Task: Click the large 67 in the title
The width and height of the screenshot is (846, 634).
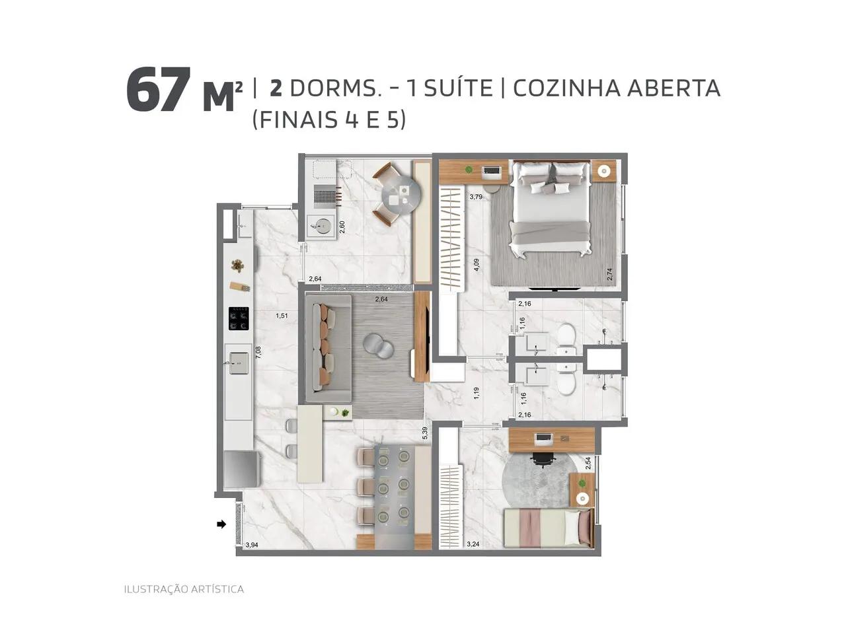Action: coord(159,90)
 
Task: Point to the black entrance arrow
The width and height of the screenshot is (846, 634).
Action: coord(221,524)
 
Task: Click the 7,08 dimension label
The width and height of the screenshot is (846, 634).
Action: coord(258,352)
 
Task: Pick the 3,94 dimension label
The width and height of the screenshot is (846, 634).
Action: coord(252,545)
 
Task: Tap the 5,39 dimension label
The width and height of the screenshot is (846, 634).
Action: coord(425,433)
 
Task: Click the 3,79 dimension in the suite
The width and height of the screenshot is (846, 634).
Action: coord(476,197)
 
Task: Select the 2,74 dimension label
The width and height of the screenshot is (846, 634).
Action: coord(609,274)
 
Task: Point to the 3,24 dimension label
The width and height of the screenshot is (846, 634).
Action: coord(473,544)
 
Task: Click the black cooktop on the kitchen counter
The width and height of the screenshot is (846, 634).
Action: coord(239,318)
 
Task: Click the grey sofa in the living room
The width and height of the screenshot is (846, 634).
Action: coord(328,347)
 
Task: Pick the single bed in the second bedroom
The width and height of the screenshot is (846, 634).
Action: coord(547,527)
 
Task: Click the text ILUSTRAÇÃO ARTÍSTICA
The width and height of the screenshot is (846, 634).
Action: coord(184,589)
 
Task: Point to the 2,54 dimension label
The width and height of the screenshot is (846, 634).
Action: coord(588,464)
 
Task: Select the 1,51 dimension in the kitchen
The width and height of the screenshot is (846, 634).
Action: coord(282,316)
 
